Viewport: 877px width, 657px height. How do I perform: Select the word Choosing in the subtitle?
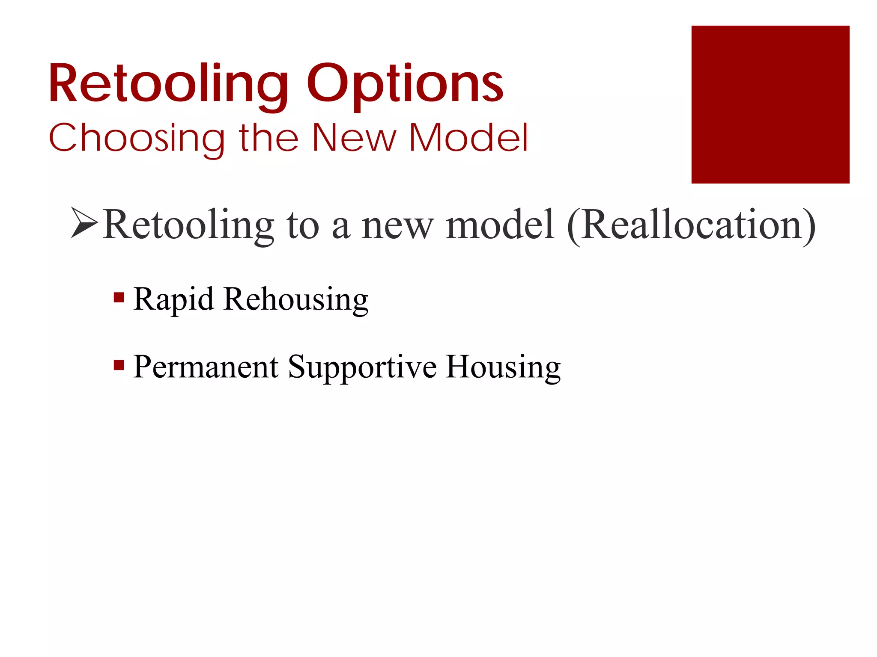pos(137,138)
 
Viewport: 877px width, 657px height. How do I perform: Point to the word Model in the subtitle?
pos(468,138)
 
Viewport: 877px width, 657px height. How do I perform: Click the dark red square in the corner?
pos(770,104)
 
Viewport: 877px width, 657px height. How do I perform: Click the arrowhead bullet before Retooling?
pos(84,222)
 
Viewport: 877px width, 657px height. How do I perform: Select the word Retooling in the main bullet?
pos(188,225)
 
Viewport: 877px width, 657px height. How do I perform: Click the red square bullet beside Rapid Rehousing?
pos(119,297)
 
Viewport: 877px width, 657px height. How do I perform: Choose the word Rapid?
pos(173,299)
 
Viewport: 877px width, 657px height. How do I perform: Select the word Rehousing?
pos(295,299)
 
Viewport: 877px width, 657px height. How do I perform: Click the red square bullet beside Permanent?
pos(119,365)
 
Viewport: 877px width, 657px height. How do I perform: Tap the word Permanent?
pos(206,367)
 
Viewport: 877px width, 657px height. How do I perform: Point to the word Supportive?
pos(362,367)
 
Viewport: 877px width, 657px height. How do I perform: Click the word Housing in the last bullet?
pos(503,367)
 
